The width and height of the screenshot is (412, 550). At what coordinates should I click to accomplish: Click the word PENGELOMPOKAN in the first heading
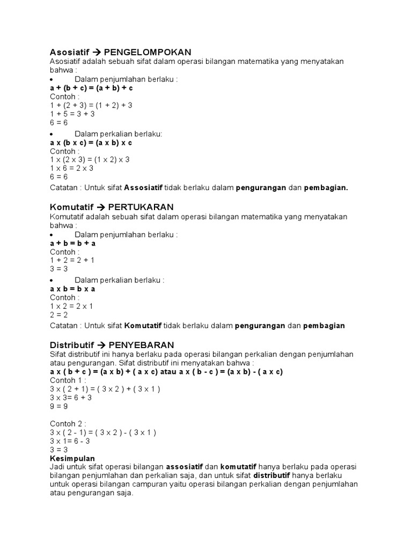pyautogui.click(x=148, y=53)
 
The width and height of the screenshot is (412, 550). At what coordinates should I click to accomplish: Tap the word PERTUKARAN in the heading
pyautogui.click(x=141, y=207)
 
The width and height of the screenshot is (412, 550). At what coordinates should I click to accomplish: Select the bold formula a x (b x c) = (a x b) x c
pyautogui.click(x=91, y=143)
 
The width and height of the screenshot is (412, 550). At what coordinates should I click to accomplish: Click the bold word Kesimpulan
pyautogui.click(x=72, y=458)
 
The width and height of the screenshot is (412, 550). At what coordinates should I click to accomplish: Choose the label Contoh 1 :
pyautogui.click(x=69, y=380)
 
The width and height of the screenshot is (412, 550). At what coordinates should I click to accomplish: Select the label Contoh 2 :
pyautogui.click(x=69, y=424)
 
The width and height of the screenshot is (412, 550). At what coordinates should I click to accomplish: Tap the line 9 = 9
pyautogui.click(x=59, y=406)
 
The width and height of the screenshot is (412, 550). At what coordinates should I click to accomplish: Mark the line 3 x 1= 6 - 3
pyautogui.click(x=70, y=441)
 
